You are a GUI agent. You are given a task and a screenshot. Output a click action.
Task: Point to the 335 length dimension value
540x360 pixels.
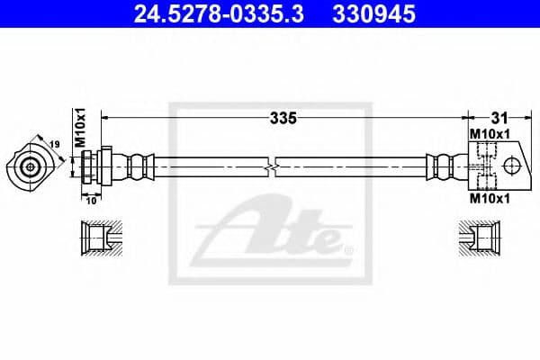(283, 117)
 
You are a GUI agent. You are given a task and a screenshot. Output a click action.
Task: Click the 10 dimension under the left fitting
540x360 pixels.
(91, 202)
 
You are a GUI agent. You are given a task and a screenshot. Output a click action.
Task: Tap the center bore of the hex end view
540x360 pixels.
(31, 166)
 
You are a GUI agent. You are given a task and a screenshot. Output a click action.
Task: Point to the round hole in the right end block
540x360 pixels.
(512, 166)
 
